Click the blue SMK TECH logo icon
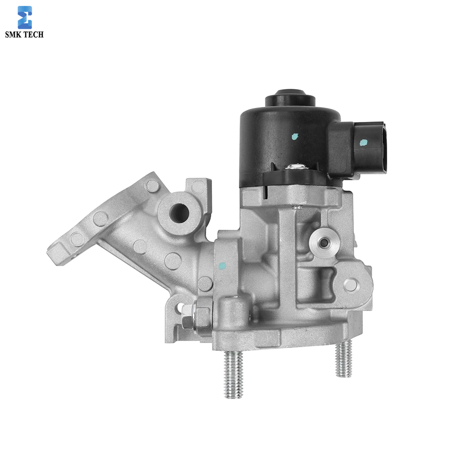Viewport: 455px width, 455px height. coord(25,17)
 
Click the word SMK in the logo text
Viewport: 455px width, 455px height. coord(13,34)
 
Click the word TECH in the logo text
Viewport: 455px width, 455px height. coord(33,34)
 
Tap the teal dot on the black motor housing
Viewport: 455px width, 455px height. coord(294,136)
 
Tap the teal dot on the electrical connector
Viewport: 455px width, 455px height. coord(363,142)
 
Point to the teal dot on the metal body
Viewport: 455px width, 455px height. coord(222,265)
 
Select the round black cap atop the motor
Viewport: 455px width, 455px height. coord(290,98)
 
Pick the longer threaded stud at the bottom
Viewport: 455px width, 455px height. coord(233,374)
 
